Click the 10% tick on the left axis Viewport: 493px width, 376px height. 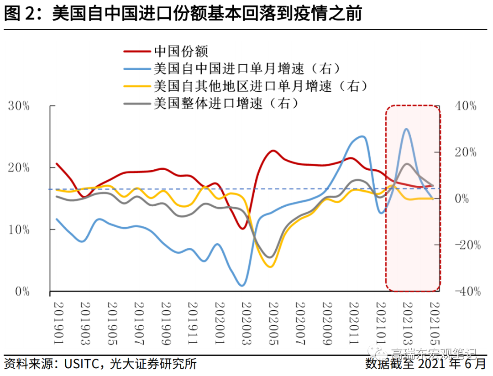click(19, 230)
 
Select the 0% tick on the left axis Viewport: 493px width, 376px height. click(22, 291)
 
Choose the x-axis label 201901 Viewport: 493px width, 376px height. click(58, 319)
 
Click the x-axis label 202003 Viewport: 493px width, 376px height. click(246, 319)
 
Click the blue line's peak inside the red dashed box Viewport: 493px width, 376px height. click(406, 129)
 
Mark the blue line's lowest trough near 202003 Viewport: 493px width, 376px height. click(242, 285)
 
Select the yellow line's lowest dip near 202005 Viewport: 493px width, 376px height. click(270, 266)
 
